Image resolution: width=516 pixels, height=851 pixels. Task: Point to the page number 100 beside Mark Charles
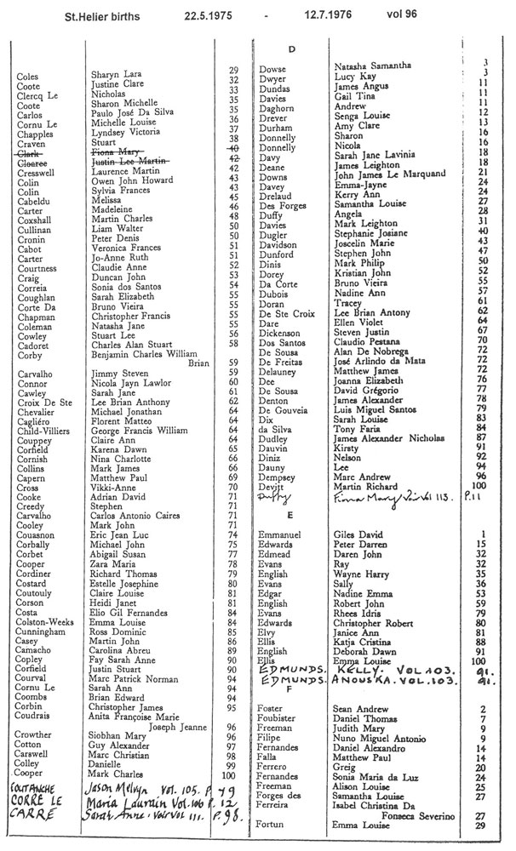click(x=231, y=774)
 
